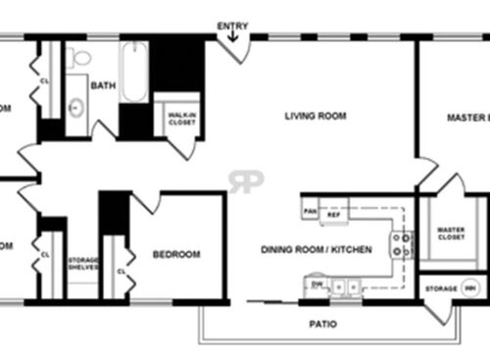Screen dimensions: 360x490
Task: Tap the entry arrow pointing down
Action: [x=233, y=37]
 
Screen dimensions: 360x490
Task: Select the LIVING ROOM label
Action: [x=316, y=116]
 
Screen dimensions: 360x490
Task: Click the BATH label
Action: [x=102, y=86]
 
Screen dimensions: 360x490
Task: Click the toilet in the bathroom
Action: [x=79, y=56]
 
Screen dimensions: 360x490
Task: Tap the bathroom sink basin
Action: [x=75, y=106]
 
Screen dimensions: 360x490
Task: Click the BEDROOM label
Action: [x=176, y=254]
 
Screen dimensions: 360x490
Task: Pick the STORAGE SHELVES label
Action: [x=83, y=264]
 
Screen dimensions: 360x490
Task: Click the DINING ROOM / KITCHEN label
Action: [x=316, y=250]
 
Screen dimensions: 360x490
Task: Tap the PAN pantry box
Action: [x=310, y=211]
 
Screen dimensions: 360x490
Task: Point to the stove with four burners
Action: [x=401, y=245]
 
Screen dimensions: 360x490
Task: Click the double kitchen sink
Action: [x=346, y=287]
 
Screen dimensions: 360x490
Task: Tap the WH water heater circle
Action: [x=470, y=288]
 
